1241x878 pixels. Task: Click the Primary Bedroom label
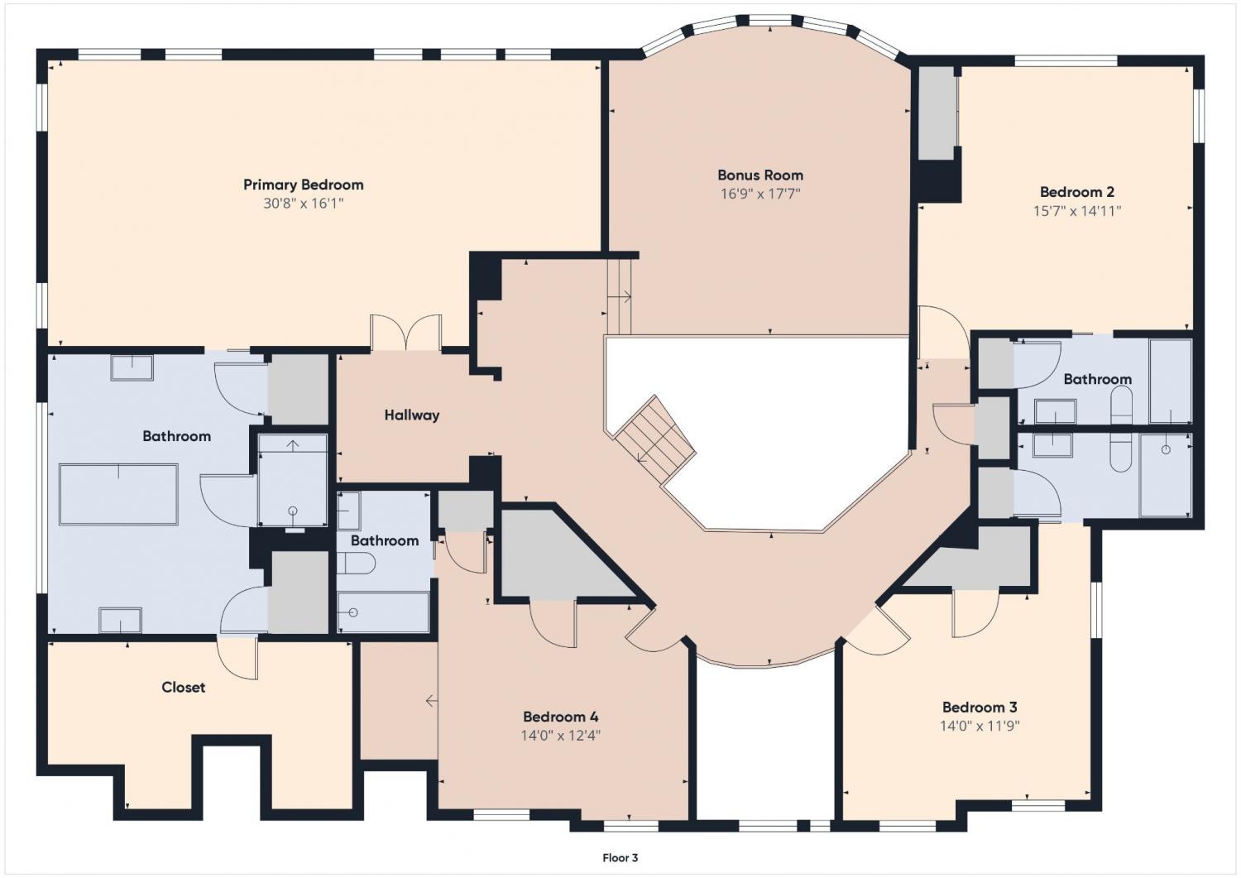(x=304, y=185)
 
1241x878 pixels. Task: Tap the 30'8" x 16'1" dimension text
(x=304, y=204)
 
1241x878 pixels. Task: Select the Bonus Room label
(x=760, y=175)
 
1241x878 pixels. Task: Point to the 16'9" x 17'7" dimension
(x=760, y=194)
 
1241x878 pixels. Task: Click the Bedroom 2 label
(x=1077, y=192)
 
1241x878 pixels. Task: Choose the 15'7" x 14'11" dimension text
(x=1077, y=211)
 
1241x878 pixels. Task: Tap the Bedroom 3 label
(x=980, y=708)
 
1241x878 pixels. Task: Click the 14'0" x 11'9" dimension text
(x=980, y=726)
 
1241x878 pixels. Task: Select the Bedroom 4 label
(x=561, y=717)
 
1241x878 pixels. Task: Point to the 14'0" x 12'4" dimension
(x=561, y=736)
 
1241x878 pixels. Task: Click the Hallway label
(x=412, y=415)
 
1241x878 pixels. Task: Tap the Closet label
(x=184, y=688)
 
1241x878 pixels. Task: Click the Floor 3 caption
(x=620, y=858)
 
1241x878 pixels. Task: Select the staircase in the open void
(x=655, y=439)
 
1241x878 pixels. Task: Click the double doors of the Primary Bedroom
(x=406, y=333)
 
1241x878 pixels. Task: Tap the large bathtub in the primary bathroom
(x=118, y=494)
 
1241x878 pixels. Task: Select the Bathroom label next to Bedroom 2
(x=1097, y=379)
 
